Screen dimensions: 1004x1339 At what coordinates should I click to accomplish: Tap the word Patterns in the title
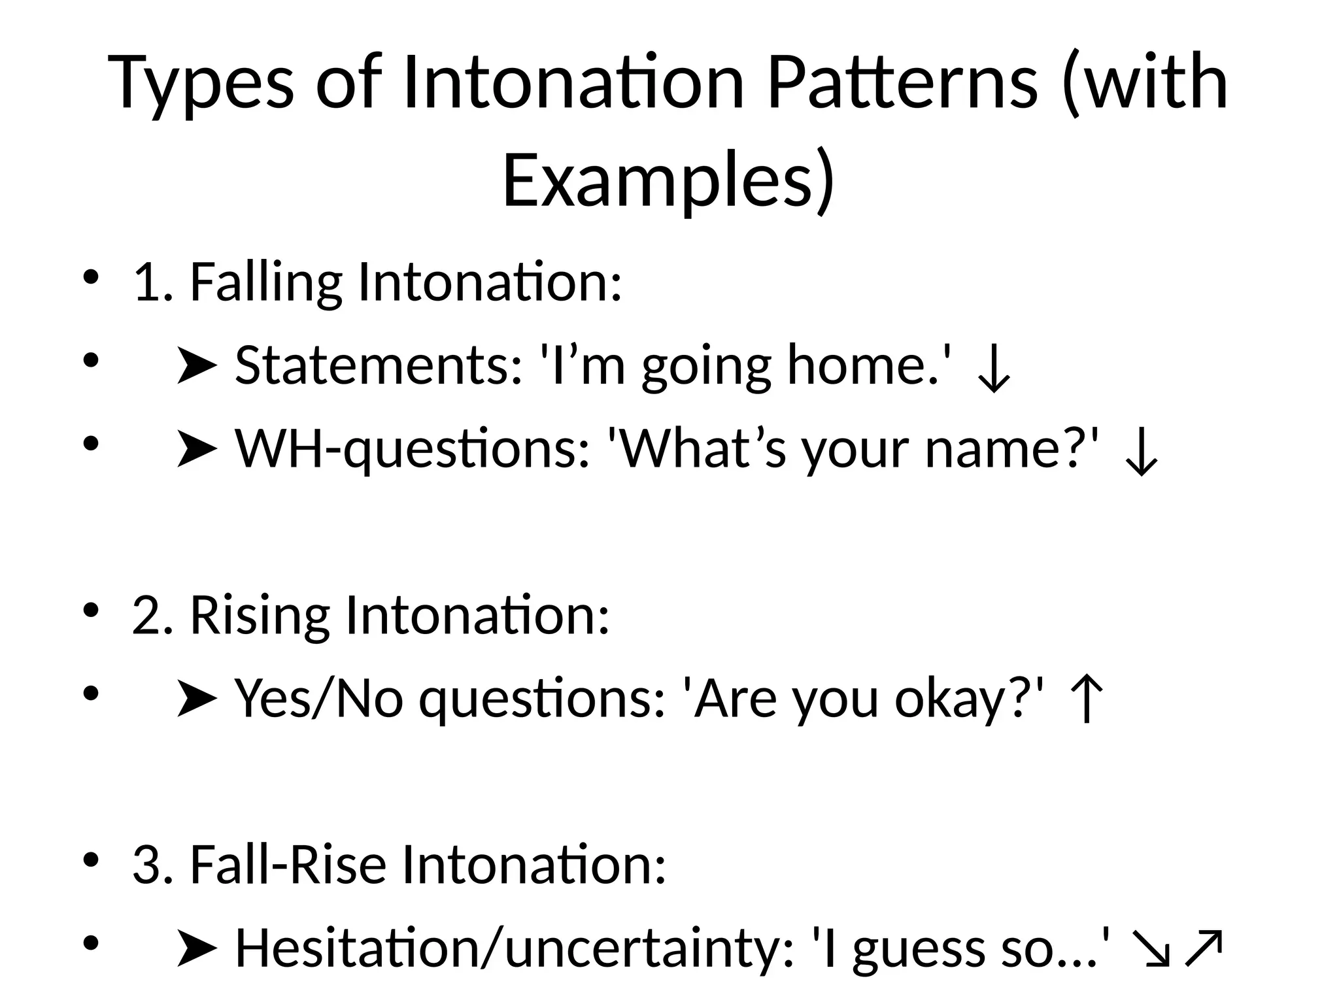[902, 84]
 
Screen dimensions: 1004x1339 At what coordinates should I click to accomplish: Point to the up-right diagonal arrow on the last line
[1202, 949]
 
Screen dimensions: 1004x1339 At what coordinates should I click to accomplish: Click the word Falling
[265, 282]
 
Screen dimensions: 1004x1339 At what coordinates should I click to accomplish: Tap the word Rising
[260, 616]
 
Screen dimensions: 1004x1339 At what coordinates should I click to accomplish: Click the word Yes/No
[319, 699]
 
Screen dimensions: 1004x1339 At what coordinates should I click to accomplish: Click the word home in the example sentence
[857, 365]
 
